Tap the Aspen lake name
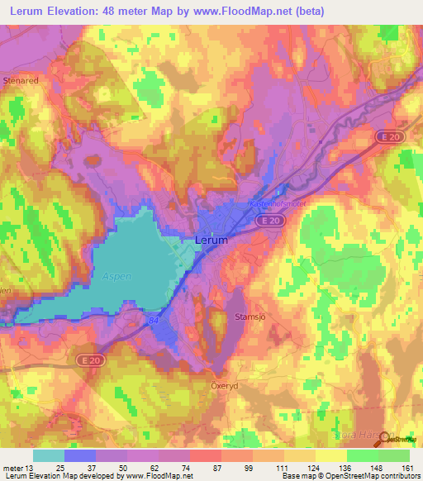tap(116, 277)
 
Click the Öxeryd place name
tap(221, 384)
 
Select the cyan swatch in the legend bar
tap(49, 455)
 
